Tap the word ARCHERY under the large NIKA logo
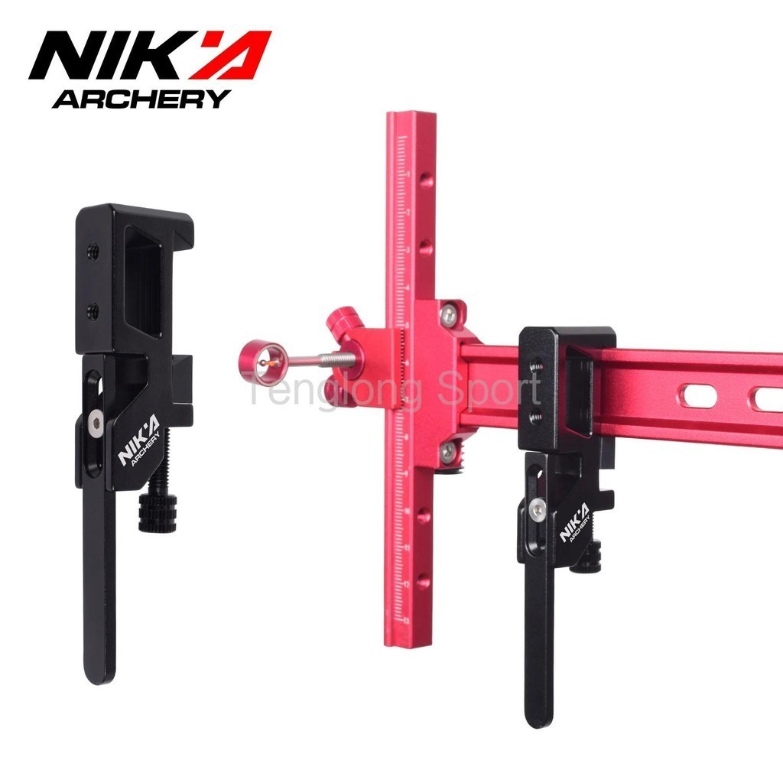click(141, 99)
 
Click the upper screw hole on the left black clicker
click(93, 250)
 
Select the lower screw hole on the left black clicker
click(93, 310)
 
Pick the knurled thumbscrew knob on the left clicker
click(158, 513)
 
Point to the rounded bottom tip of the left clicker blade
click(100, 673)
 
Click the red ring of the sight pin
click(264, 362)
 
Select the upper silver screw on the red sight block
click(449, 315)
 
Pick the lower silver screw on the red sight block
click(447, 452)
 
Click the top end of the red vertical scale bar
click(411, 116)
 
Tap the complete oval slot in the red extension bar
click(697, 395)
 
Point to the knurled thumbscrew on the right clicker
click(590, 559)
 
